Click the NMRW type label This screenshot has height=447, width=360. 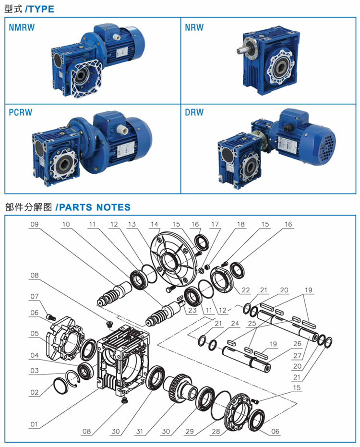tap(22, 27)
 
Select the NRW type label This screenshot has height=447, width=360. tap(194, 27)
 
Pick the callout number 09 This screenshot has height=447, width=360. tap(35, 224)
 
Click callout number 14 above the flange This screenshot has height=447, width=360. tap(154, 224)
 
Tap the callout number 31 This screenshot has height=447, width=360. tap(140, 431)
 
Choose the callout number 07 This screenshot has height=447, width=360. tap(35, 296)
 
